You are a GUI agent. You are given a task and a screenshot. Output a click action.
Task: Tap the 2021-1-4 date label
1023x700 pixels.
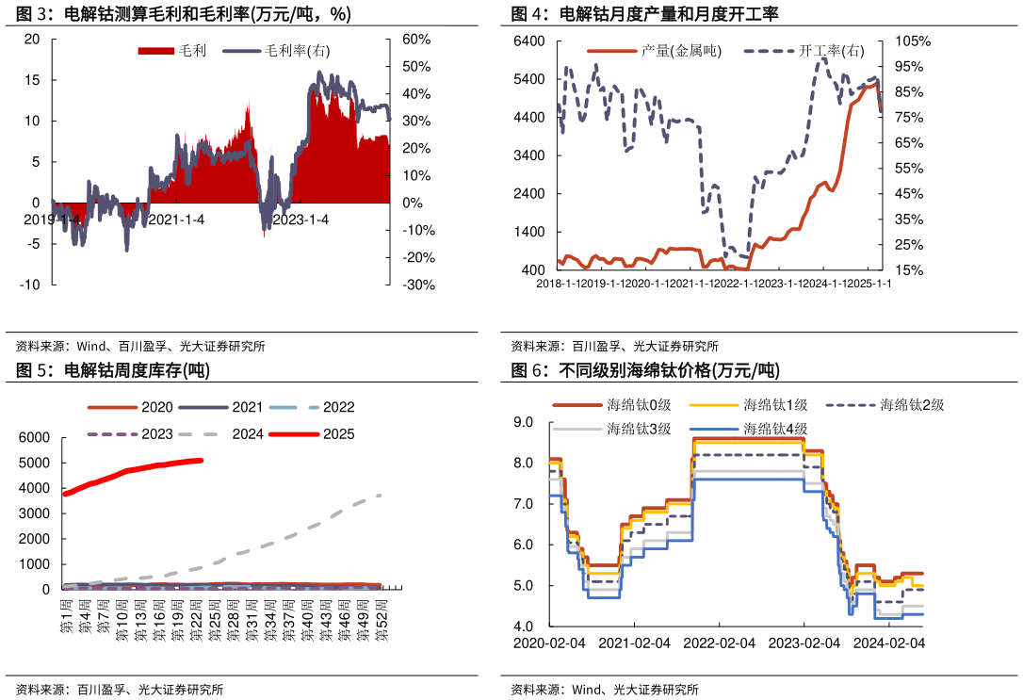(177, 220)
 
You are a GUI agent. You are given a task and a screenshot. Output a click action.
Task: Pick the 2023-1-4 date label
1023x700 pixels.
(300, 220)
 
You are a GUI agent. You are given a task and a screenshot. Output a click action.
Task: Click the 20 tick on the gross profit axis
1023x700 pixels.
(32, 40)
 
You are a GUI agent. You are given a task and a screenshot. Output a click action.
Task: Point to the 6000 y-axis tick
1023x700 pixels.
(34, 438)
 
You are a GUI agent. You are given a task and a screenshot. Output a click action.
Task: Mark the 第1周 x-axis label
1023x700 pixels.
(66, 618)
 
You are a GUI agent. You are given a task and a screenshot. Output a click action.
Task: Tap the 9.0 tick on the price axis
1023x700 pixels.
(523, 422)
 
